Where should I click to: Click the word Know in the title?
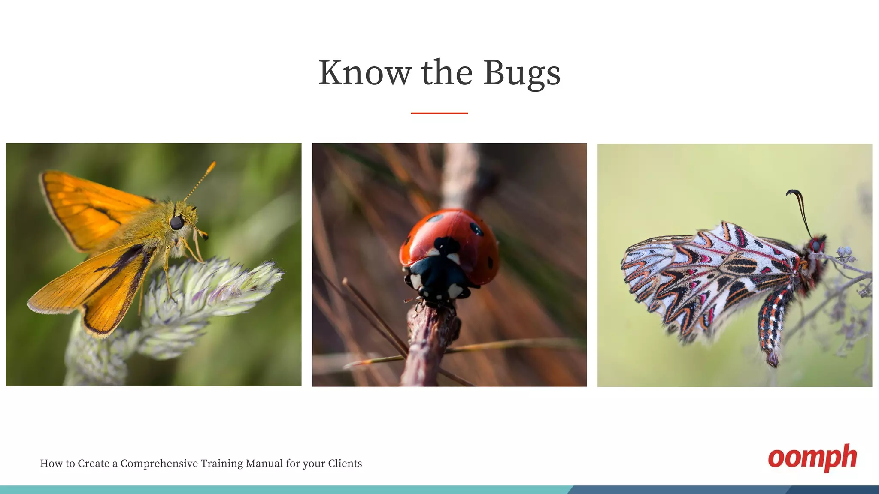364,73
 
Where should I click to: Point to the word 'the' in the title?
447,73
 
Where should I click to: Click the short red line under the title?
439,113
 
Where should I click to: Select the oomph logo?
812,458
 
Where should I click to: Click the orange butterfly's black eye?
177,223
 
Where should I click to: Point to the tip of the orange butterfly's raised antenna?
213,163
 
